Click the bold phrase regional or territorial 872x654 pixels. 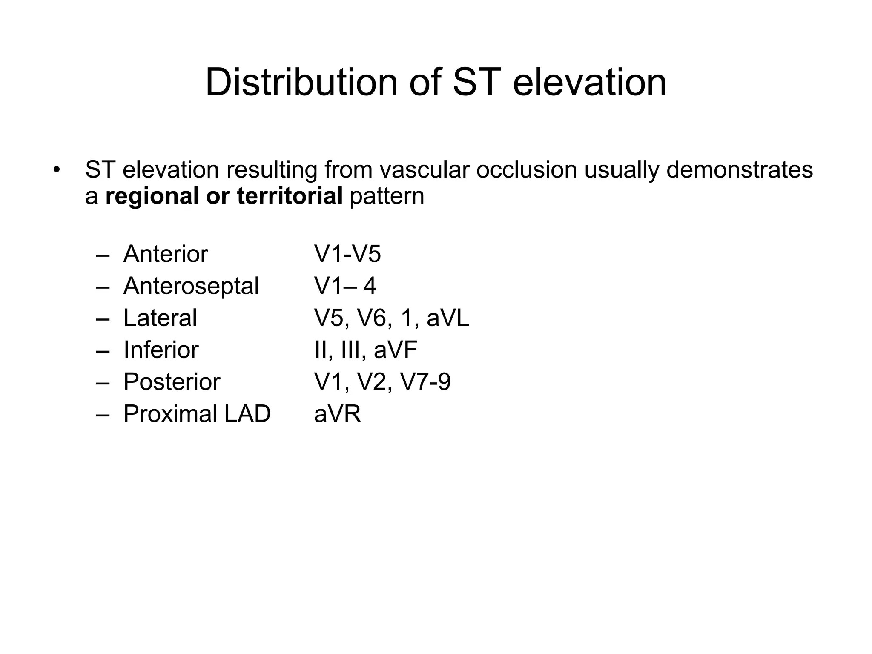224,196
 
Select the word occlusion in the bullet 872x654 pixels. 526,169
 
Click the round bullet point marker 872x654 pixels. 57,170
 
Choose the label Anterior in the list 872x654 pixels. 166,254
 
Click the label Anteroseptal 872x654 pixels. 191,286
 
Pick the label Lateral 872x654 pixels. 160,318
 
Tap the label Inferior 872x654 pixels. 161,350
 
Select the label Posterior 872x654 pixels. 172,381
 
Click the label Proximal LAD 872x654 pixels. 197,413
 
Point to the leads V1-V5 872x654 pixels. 347,254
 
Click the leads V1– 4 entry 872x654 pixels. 345,286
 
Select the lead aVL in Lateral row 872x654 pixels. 447,318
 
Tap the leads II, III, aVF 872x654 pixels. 365,350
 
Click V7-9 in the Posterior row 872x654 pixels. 425,381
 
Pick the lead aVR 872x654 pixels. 337,413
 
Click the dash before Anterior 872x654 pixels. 103,255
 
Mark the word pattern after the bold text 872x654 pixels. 387,196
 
